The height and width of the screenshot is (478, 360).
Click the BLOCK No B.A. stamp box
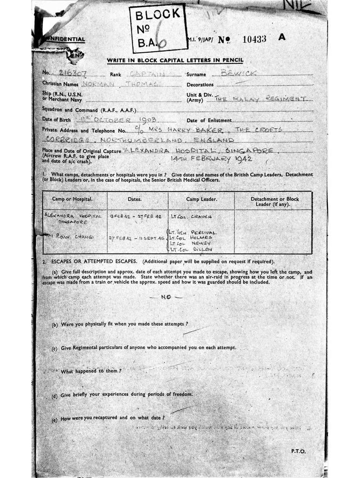pos(158,28)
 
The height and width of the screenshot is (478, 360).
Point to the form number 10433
pos(255,39)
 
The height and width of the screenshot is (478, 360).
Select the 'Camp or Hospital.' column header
pos(73,199)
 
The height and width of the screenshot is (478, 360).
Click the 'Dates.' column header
pos(134,199)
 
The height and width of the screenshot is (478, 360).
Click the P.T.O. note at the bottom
pos(298,451)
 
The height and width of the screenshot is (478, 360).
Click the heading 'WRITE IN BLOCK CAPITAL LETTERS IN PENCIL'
pos(175,61)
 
